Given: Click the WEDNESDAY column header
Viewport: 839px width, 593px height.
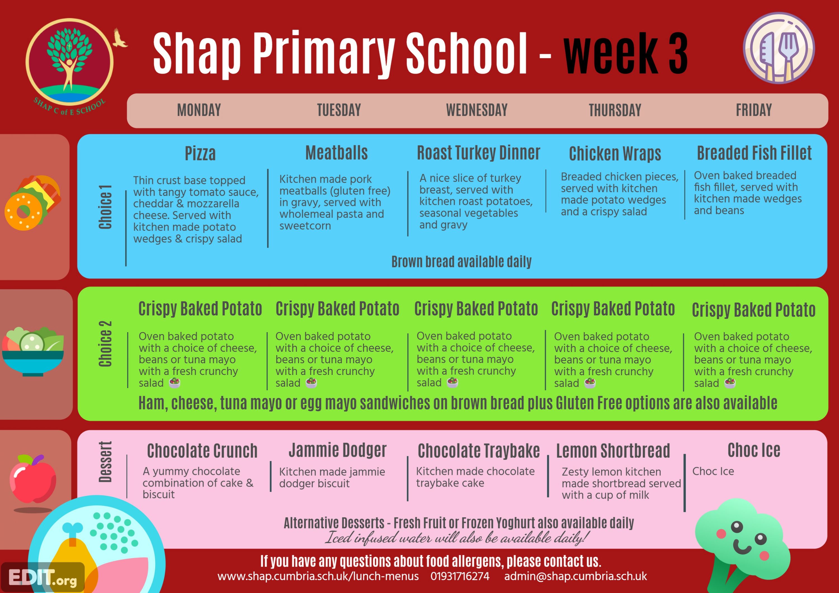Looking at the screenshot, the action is [x=477, y=110].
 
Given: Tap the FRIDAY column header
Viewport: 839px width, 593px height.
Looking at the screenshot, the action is [x=754, y=110].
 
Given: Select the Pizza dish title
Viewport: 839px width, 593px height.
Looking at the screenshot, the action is [x=200, y=153].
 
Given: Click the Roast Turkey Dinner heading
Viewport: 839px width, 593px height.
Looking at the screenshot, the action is [x=478, y=153].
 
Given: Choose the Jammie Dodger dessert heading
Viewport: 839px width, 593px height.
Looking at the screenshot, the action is [x=338, y=450].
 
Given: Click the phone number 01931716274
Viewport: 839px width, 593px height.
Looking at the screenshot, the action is [x=460, y=576].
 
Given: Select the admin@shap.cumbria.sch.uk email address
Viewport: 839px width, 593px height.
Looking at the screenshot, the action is [x=576, y=576].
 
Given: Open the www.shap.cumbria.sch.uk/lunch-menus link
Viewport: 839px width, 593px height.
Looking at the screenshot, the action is [x=318, y=576].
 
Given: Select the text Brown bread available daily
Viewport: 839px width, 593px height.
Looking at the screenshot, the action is [x=461, y=262].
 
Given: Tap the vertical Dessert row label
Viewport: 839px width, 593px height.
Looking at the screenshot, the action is [x=105, y=462].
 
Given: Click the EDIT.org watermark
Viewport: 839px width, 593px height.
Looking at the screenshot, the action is [x=43, y=578].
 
